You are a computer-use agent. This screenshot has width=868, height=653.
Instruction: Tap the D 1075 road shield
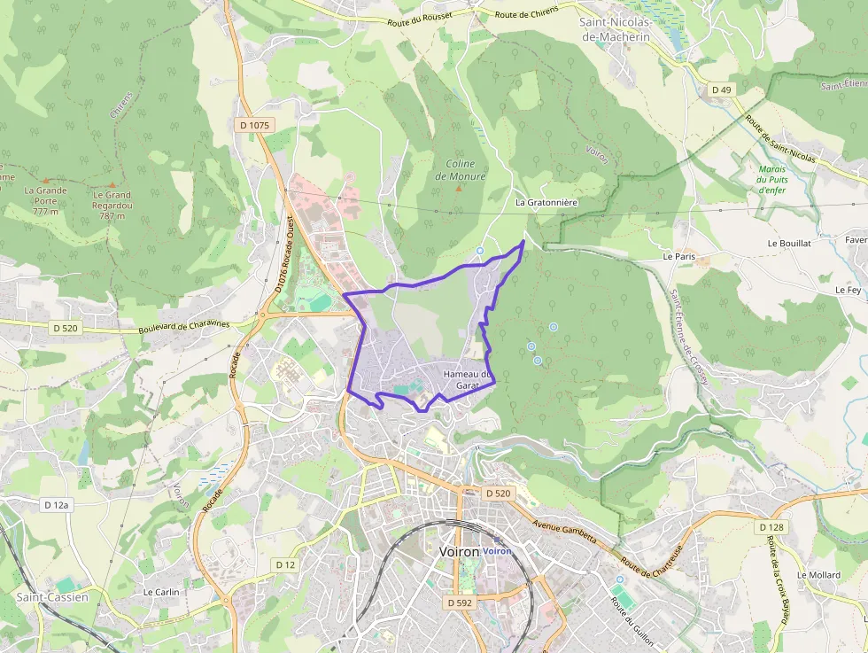[x=254, y=126]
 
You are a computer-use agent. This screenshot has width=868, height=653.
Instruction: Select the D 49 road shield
[x=721, y=90]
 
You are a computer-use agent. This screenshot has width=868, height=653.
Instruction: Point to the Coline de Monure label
[x=461, y=170]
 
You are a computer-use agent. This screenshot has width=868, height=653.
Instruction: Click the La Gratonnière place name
[x=546, y=202]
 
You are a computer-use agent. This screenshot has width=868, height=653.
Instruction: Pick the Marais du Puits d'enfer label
[x=773, y=179]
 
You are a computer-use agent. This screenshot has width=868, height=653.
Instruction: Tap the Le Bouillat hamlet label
[x=789, y=243]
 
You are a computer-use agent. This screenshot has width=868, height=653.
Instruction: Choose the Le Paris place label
[x=679, y=256]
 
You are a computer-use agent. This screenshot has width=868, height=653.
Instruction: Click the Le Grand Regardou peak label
[x=112, y=200]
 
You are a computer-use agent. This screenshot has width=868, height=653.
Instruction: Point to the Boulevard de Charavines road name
[x=183, y=325]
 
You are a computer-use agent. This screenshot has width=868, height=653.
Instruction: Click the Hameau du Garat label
[x=466, y=379]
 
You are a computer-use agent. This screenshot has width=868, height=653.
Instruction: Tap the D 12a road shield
[x=56, y=504]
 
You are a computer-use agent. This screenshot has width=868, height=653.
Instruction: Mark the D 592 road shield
[x=460, y=602]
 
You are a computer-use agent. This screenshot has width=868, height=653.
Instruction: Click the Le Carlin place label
[x=161, y=592]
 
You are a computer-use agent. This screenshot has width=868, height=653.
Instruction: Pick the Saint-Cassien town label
[x=52, y=597]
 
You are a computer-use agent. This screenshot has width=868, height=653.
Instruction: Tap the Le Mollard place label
[x=818, y=575]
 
